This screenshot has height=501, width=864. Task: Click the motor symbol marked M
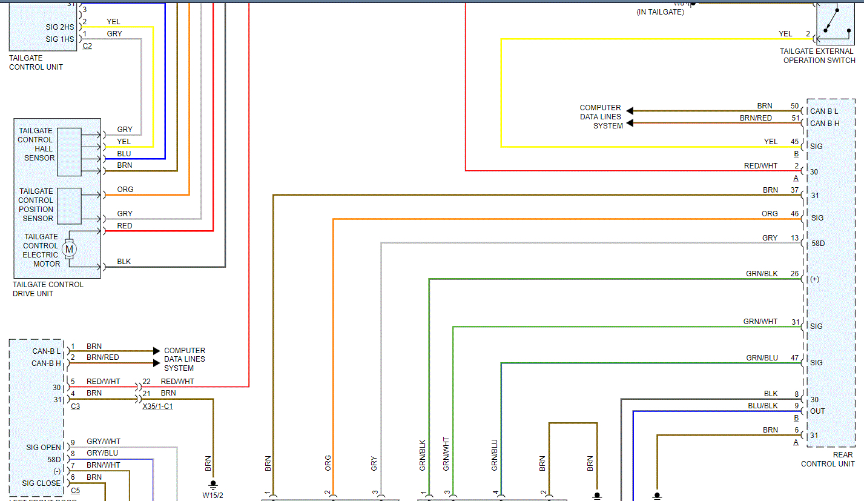click(69, 249)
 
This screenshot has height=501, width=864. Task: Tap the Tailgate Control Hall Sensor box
click(69, 152)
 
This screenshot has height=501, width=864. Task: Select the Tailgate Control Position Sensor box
click(69, 205)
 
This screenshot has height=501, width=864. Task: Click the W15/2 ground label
click(213, 495)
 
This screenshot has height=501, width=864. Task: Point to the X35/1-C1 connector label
click(157, 406)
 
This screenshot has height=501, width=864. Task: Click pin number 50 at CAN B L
click(794, 106)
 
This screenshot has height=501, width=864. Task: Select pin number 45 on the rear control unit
click(794, 142)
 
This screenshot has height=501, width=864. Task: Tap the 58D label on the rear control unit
click(817, 244)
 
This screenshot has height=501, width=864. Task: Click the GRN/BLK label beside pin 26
click(762, 274)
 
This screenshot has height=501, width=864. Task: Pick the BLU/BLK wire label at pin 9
click(762, 405)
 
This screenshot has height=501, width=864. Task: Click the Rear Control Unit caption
click(828, 459)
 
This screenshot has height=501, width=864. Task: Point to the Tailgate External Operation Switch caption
click(817, 56)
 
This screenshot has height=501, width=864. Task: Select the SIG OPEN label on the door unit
click(44, 448)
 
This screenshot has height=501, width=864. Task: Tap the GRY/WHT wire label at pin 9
click(103, 442)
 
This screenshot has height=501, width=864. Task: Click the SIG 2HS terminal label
click(60, 28)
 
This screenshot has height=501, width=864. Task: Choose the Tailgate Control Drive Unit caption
click(48, 289)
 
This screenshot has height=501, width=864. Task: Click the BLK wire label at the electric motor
click(124, 262)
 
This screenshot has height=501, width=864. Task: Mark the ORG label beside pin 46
click(770, 214)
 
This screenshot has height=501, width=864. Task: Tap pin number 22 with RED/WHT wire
click(147, 382)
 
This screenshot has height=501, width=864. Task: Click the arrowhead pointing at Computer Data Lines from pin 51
click(630, 124)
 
